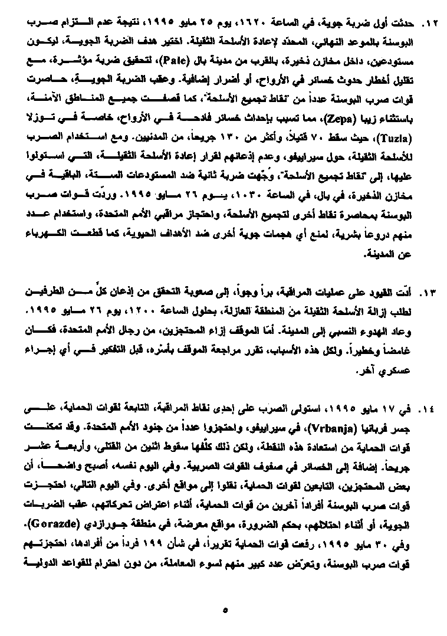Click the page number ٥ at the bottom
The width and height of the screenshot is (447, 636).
[x=226, y=609]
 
